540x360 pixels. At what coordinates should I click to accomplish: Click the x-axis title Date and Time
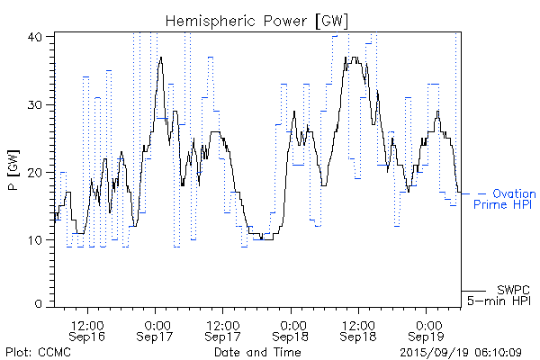click(257, 352)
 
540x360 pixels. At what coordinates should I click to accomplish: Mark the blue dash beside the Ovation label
click(481, 193)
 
